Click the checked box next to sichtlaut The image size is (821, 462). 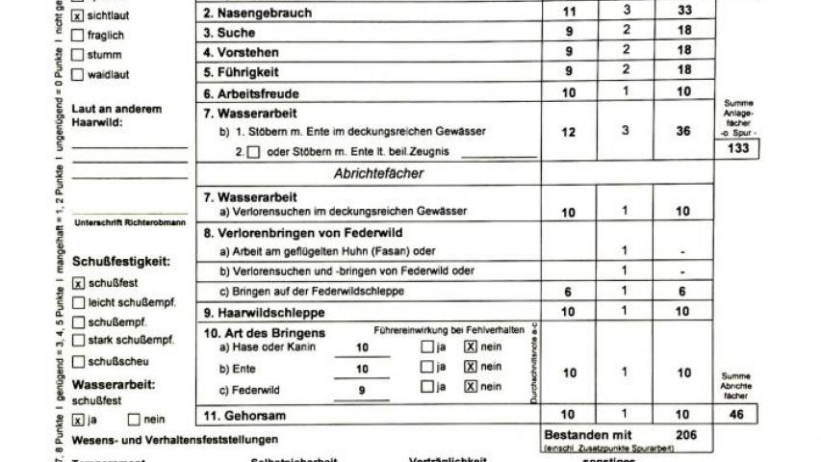coord(78,16)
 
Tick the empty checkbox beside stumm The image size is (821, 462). coord(78,54)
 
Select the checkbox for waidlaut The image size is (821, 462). coord(78,73)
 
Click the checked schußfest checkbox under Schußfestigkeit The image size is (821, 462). coord(78,283)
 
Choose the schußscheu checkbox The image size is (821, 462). coord(78,361)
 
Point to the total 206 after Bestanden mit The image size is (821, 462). coord(685,435)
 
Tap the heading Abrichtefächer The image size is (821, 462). coord(378,174)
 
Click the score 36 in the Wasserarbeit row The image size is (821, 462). coord(683,131)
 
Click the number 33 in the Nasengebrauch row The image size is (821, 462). coord(683,12)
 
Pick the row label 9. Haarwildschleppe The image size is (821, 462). coord(265,313)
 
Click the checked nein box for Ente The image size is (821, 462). coord(471,367)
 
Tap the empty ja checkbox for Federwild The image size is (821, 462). coord(426,387)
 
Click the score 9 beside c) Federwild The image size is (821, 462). coord(361,389)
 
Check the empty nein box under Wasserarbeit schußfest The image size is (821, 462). coord(132,420)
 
